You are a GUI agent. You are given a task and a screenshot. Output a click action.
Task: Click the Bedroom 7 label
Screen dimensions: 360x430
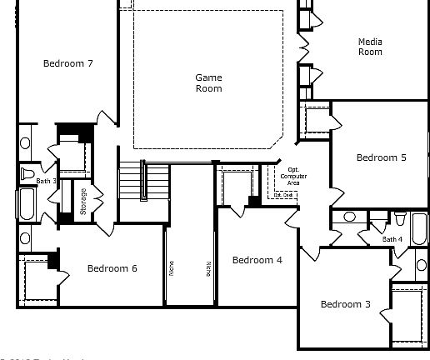67,63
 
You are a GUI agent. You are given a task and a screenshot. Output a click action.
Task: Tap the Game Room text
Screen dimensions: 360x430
208,82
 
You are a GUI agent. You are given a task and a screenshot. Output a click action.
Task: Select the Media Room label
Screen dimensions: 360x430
370,47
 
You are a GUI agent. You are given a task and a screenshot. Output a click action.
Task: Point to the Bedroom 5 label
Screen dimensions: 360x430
381,157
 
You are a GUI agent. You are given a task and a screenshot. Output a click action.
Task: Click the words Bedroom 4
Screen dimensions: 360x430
257,260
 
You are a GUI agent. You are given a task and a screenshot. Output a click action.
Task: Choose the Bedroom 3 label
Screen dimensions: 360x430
345,304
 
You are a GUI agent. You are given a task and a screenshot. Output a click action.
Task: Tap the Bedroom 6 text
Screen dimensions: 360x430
112,268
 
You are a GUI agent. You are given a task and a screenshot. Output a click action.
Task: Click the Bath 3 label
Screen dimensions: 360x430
46,181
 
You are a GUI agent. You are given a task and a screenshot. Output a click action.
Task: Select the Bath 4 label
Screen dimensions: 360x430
392,239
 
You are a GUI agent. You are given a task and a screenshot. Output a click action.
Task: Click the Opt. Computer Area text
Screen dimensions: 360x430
292,177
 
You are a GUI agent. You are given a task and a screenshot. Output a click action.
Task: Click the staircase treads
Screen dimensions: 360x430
132,182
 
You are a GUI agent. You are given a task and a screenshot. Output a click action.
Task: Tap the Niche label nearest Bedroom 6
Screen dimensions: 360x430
171,267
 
